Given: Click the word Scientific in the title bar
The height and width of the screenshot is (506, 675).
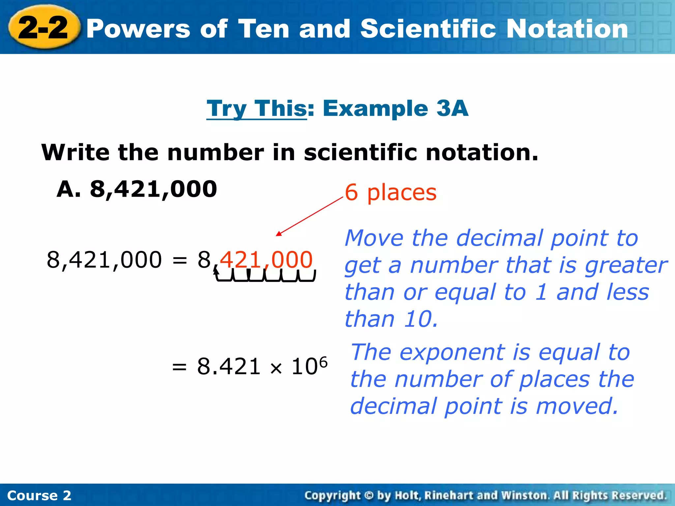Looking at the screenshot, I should tap(428, 29).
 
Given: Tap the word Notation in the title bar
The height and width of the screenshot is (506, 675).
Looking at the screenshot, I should tap(567, 29).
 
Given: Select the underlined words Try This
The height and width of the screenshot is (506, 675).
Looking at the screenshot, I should tap(257, 109).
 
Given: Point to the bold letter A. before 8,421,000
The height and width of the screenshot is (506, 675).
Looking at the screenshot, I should tap(69, 189).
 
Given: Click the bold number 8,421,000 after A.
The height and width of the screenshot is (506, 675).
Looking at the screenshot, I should tap(154, 189).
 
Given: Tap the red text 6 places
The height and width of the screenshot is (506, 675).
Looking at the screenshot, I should tap(391, 192).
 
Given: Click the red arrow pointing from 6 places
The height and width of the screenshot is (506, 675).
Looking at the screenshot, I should tap(310, 216).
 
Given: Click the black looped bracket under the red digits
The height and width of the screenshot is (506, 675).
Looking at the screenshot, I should tap(265, 276).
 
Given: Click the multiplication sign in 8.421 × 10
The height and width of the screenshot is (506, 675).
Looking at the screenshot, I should tap(276, 368).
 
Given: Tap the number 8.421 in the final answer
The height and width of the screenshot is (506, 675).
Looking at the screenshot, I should tap(229, 367).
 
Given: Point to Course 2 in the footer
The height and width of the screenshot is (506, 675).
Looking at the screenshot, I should tap(39, 495).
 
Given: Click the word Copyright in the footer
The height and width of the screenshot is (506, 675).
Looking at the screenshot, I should tap(332, 495).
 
